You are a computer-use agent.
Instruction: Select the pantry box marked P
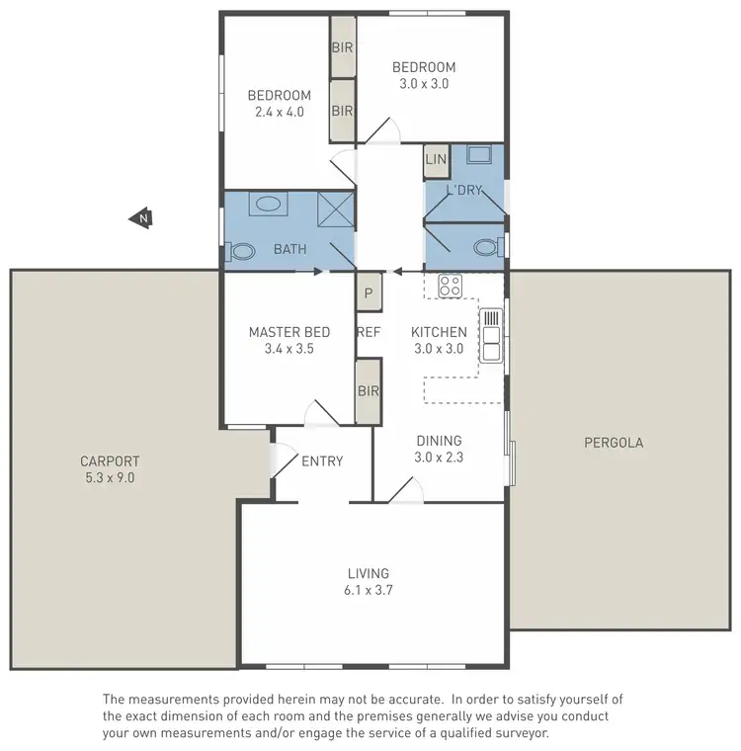coord(369,292)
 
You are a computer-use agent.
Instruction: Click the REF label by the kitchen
coord(369,333)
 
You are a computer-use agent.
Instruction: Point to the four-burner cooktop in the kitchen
coord(451,286)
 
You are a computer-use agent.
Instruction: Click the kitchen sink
coord(491,335)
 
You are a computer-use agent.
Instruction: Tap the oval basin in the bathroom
coord(268,206)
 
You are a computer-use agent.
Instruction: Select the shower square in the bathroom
coord(335,209)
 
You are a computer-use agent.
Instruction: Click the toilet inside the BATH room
coord(241,252)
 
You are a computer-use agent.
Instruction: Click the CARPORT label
coord(110,461)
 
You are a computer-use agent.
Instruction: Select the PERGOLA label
coord(614,443)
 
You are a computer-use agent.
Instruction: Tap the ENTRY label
coord(322,461)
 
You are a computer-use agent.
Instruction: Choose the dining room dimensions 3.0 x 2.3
coord(438,457)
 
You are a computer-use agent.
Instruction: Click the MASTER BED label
coord(289,332)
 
